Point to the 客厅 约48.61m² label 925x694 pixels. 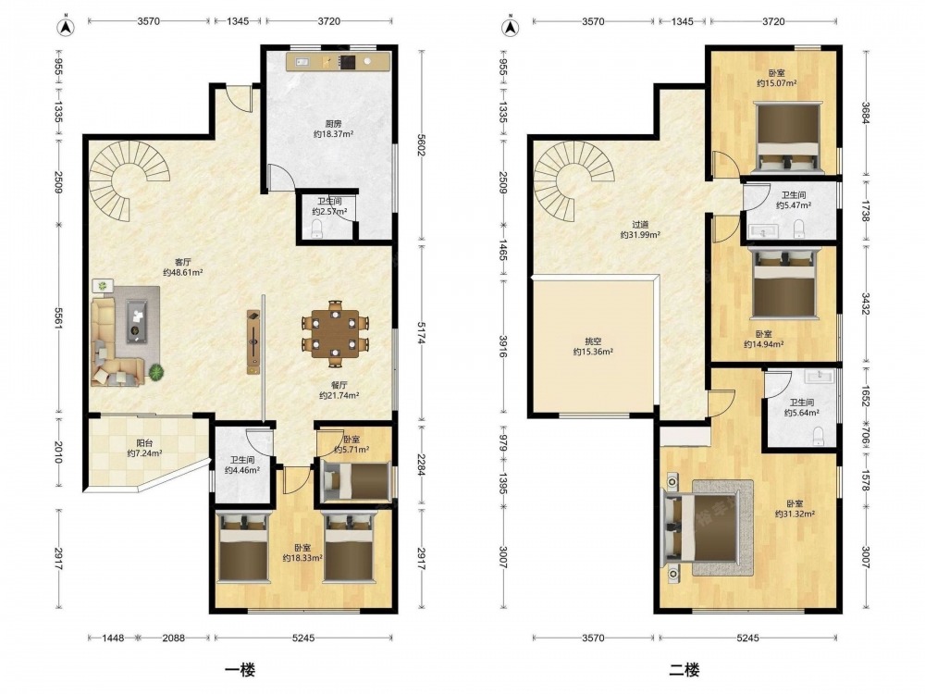coord(183,266)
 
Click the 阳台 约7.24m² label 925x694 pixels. coord(144,448)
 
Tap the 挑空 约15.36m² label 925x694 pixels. coord(593,346)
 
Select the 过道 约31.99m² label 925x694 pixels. coord(640,229)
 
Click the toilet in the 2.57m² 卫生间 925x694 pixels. coord(317,229)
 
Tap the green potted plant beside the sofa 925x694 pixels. coord(157,372)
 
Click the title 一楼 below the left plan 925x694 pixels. coord(240,670)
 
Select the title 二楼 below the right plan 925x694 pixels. coord(684,670)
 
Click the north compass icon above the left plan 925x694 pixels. coord(66,27)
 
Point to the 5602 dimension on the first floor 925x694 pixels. coord(421,145)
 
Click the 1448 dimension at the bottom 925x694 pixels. coord(113,638)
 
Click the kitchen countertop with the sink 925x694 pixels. coord(339,61)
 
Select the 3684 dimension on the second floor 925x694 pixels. coord(866,113)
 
